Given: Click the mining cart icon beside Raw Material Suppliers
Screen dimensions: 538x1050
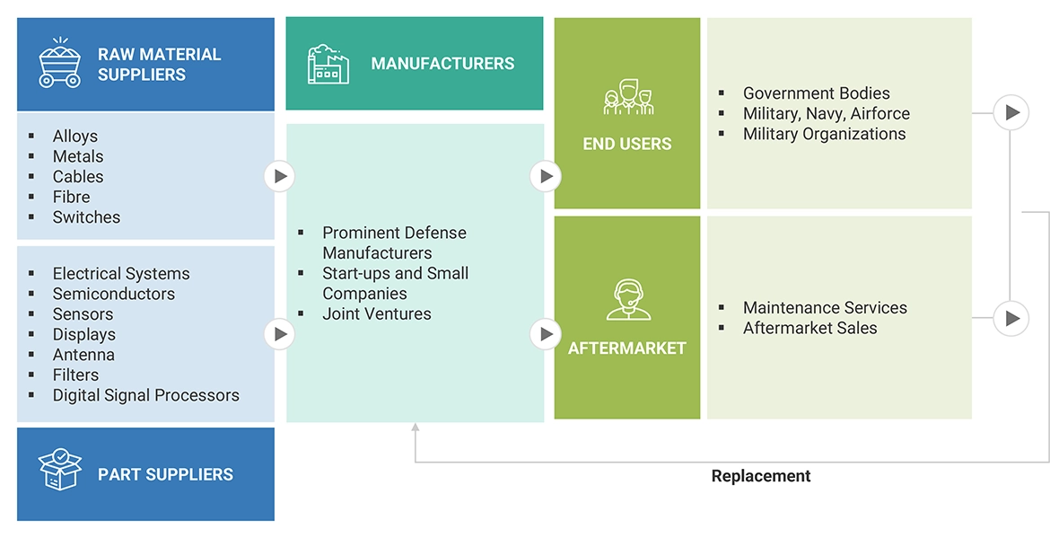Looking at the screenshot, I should [x=60, y=63].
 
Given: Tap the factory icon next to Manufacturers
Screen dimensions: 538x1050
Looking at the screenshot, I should [x=328, y=64].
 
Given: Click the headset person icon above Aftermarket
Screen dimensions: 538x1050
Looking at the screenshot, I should [x=627, y=300].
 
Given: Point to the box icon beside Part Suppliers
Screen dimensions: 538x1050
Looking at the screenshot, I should [x=60, y=470].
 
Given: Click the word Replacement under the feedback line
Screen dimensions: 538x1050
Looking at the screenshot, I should [x=761, y=476].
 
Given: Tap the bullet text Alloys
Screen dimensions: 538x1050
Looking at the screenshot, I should [x=75, y=137].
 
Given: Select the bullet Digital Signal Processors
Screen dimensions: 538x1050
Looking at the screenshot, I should [x=145, y=395].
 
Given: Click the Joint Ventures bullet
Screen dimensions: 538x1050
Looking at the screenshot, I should [x=377, y=314].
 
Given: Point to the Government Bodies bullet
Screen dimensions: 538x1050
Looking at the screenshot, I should [x=816, y=93].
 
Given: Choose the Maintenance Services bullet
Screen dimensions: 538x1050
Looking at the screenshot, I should [x=825, y=308].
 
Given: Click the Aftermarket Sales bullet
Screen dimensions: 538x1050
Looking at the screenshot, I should [x=809, y=329].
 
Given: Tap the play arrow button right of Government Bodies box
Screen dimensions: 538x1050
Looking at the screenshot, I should [x=1011, y=113].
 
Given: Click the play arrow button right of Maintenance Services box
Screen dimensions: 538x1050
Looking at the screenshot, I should [x=1011, y=318].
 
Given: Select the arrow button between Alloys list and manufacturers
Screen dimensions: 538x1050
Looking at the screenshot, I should [x=280, y=176].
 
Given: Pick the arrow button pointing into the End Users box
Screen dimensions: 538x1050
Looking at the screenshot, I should [x=545, y=176].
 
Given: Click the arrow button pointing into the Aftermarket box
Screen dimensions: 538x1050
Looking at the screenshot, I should [x=545, y=335].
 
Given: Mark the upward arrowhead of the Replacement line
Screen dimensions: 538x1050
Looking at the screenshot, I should [x=415, y=429].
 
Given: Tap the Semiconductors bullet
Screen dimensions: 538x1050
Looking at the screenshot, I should [x=113, y=295].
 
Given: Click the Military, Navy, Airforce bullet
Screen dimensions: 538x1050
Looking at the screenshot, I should [x=826, y=114].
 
